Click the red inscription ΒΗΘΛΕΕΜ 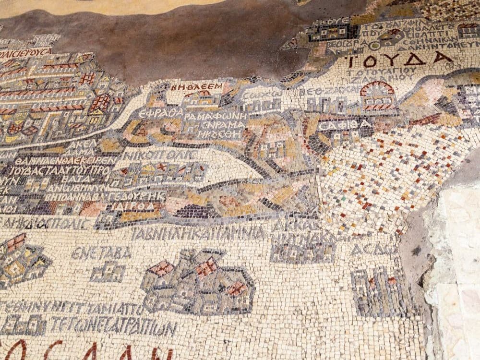(197, 87)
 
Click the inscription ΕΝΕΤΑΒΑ (101, 253)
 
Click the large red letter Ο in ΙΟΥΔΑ (370, 61)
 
